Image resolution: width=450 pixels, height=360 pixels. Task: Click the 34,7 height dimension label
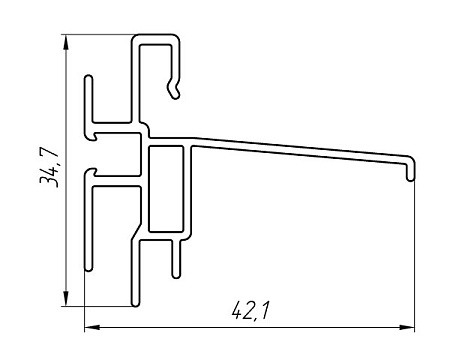click(49, 167)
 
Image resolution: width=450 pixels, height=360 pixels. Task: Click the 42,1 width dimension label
click(250, 311)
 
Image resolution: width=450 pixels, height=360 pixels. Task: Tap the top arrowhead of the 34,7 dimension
click(66, 42)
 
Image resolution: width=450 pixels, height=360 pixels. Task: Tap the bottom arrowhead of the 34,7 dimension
click(66, 298)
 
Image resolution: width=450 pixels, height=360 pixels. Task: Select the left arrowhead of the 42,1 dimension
click(92, 327)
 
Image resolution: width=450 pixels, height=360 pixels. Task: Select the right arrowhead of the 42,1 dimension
click(407, 327)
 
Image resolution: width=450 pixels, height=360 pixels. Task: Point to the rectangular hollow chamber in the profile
click(166, 189)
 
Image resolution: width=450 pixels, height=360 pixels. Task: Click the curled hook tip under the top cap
click(174, 90)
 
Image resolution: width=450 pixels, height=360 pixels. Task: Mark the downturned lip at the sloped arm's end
click(411, 169)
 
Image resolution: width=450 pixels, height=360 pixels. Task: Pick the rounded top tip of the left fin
click(88, 79)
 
